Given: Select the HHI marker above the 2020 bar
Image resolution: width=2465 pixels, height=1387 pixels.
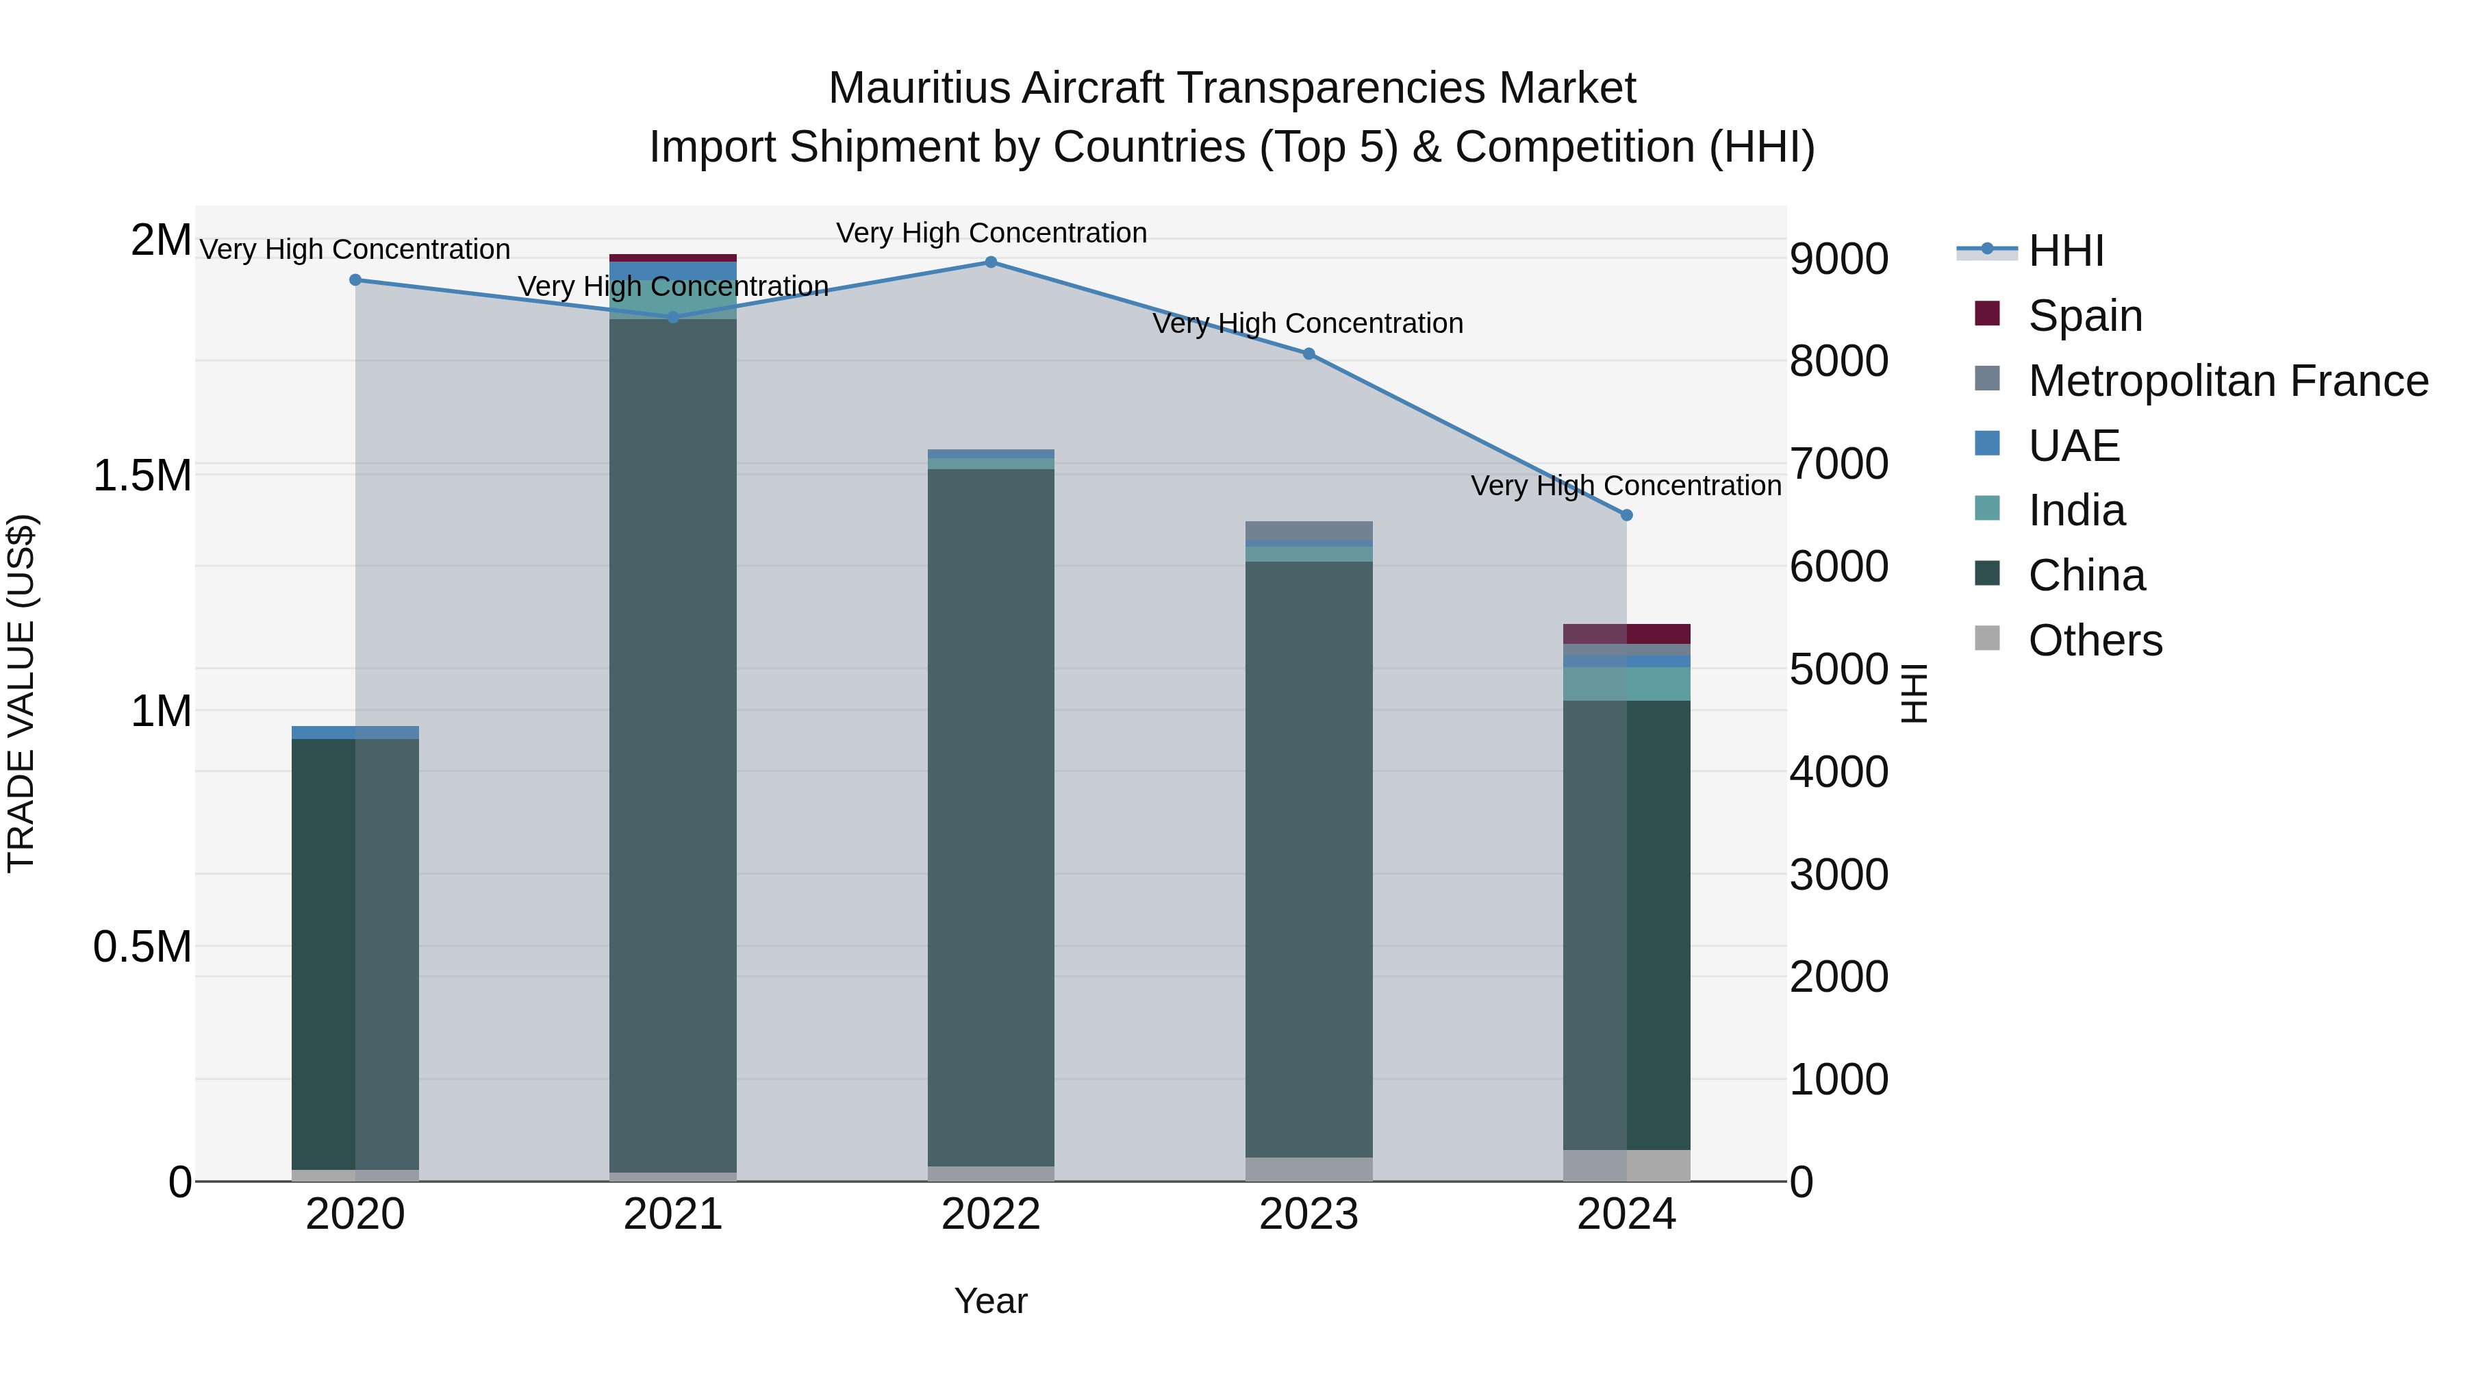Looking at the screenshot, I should (x=355, y=279).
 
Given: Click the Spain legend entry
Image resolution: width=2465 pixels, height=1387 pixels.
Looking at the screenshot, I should (x=2084, y=316).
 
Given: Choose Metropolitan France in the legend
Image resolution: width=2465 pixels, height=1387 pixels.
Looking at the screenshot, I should (x=2227, y=381).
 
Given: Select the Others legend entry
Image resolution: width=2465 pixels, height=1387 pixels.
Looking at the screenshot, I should (x=2095, y=640).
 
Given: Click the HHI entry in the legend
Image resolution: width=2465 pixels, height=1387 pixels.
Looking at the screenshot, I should (x=2065, y=251).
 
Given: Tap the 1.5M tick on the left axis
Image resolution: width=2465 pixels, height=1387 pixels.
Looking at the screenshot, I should (x=142, y=476).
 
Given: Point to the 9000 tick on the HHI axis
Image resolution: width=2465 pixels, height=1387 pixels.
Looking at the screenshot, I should (x=1838, y=260).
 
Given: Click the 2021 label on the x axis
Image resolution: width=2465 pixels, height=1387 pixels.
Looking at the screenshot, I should (x=672, y=1214).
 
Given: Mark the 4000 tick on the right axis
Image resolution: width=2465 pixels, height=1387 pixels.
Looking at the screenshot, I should (x=1838, y=773).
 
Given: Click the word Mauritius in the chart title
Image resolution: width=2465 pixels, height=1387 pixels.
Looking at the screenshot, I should (x=919, y=89).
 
